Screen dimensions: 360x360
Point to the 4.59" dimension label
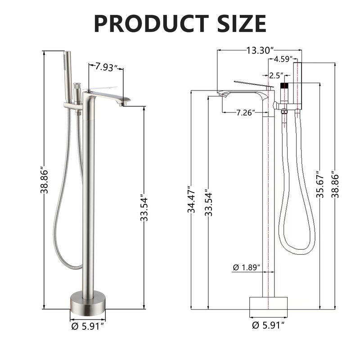pyautogui.click(x=283, y=59)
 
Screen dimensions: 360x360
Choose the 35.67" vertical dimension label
pyautogui.click(x=319, y=184)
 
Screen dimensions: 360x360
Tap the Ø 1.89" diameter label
pyautogui.click(x=247, y=267)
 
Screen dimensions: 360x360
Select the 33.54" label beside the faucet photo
pyautogui.click(x=144, y=208)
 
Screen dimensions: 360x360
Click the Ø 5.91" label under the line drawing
pyautogui.click(x=269, y=325)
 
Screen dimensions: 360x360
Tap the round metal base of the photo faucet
pyautogui.click(x=88, y=301)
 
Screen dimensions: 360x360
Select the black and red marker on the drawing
pyautogui.click(x=284, y=85)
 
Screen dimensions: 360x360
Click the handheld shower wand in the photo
pyautogui.click(x=68, y=76)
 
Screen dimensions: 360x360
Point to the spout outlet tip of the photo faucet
pyautogui.click(x=123, y=104)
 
